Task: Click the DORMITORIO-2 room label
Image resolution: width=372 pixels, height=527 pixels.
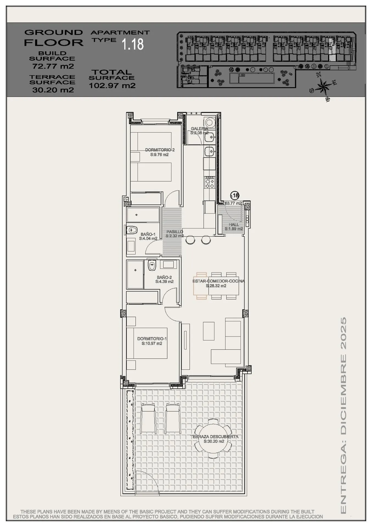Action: [x=160, y=150]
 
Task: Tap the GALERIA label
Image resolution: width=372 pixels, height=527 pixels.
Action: [x=199, y=128]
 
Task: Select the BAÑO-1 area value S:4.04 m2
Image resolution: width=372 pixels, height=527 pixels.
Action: [x=148, y=239]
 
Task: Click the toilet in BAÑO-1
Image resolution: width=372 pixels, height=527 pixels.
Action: [x=132, y=229]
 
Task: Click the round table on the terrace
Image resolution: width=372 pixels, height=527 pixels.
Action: [x=214, y=438]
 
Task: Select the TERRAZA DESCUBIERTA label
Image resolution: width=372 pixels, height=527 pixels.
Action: [x=214, y=436]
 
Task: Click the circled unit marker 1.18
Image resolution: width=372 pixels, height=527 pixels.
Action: [x=235, y=196]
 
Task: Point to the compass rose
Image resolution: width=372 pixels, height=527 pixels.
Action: [x=324, y=88]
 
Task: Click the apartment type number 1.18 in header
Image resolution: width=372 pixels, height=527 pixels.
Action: [x=133, y=44]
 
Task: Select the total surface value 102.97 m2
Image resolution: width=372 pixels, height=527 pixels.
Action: [x=112, y=86]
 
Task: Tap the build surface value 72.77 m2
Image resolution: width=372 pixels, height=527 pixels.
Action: [x=53, y=66]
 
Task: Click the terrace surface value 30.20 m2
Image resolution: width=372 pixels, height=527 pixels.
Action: [x=53, y=90]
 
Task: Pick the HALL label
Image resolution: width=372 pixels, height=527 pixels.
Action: [x=234, y=225]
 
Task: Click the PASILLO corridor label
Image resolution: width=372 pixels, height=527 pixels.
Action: [x=174, y=232]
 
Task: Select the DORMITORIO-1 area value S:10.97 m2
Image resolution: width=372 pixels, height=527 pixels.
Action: [x=152, y=343]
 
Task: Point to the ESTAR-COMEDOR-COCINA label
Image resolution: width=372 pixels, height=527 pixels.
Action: [x=218, y=281]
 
